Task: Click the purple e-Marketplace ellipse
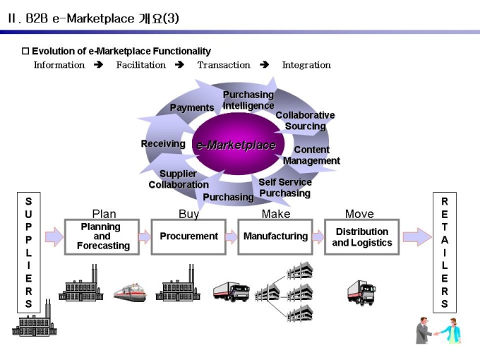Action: tap(236, 144)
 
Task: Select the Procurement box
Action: tap(188, 236)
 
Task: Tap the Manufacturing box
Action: tap(275, 236)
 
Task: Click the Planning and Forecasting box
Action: tap(102, 236)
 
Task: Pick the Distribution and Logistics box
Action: tap(361, 236)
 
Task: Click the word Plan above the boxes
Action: tap(104, 214)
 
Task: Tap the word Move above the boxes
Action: tap(359, 214)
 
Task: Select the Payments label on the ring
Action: tap(192, 108)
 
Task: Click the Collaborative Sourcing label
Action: tap(305, 121)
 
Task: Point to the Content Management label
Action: tap(311, 155)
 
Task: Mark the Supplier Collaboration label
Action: tap(178, 179)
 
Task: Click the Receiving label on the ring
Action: tap(163, 144)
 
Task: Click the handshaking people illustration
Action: tap(438, 330)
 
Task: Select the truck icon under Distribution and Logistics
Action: tap(361, 292)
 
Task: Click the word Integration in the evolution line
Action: tap(306, 65)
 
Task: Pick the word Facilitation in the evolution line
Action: tap(140, 65)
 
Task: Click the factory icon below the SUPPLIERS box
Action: tap(34, 321)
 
